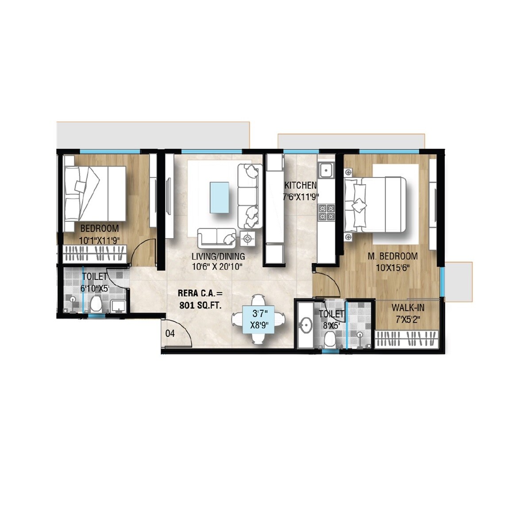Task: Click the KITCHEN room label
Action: click(x=300, y=185)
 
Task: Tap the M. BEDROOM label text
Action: click(x=393, y=256)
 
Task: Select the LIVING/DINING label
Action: click(x=218, y=256)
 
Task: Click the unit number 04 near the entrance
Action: click(x=170, y=334)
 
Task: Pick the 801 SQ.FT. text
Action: click(x=200, y=305)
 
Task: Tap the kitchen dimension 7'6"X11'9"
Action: click(x=301, y=197)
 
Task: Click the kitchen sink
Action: click(x=327, y=170)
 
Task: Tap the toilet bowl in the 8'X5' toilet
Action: click(x=329, y=340)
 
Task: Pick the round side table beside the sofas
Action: click(x=247, y=239)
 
